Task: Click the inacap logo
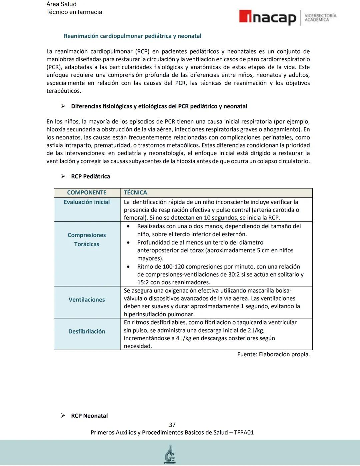click(267, 18)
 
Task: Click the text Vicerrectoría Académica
click(320, 18)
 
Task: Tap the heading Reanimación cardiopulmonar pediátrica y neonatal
click(132, 36)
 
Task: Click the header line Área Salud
click(61, 4)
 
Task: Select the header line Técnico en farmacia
click(74, 12)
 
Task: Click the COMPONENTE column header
click(87, 192)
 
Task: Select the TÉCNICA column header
click(135, 192)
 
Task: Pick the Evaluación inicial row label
click(87, 202)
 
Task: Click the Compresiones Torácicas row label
click(87, 240)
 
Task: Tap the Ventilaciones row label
click(87, 300)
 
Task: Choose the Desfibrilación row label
click(87, 331)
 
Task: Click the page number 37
click(172, 425)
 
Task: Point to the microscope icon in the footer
click(170, 455)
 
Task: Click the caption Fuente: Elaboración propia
click(273, 354)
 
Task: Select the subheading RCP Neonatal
click(89, 416)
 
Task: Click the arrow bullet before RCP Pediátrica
click(63, 176)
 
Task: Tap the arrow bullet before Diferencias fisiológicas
click(63, 106)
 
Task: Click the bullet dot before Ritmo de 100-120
click(129, 267)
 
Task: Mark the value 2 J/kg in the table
click(256, 330)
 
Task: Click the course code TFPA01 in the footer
click(244, 432)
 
